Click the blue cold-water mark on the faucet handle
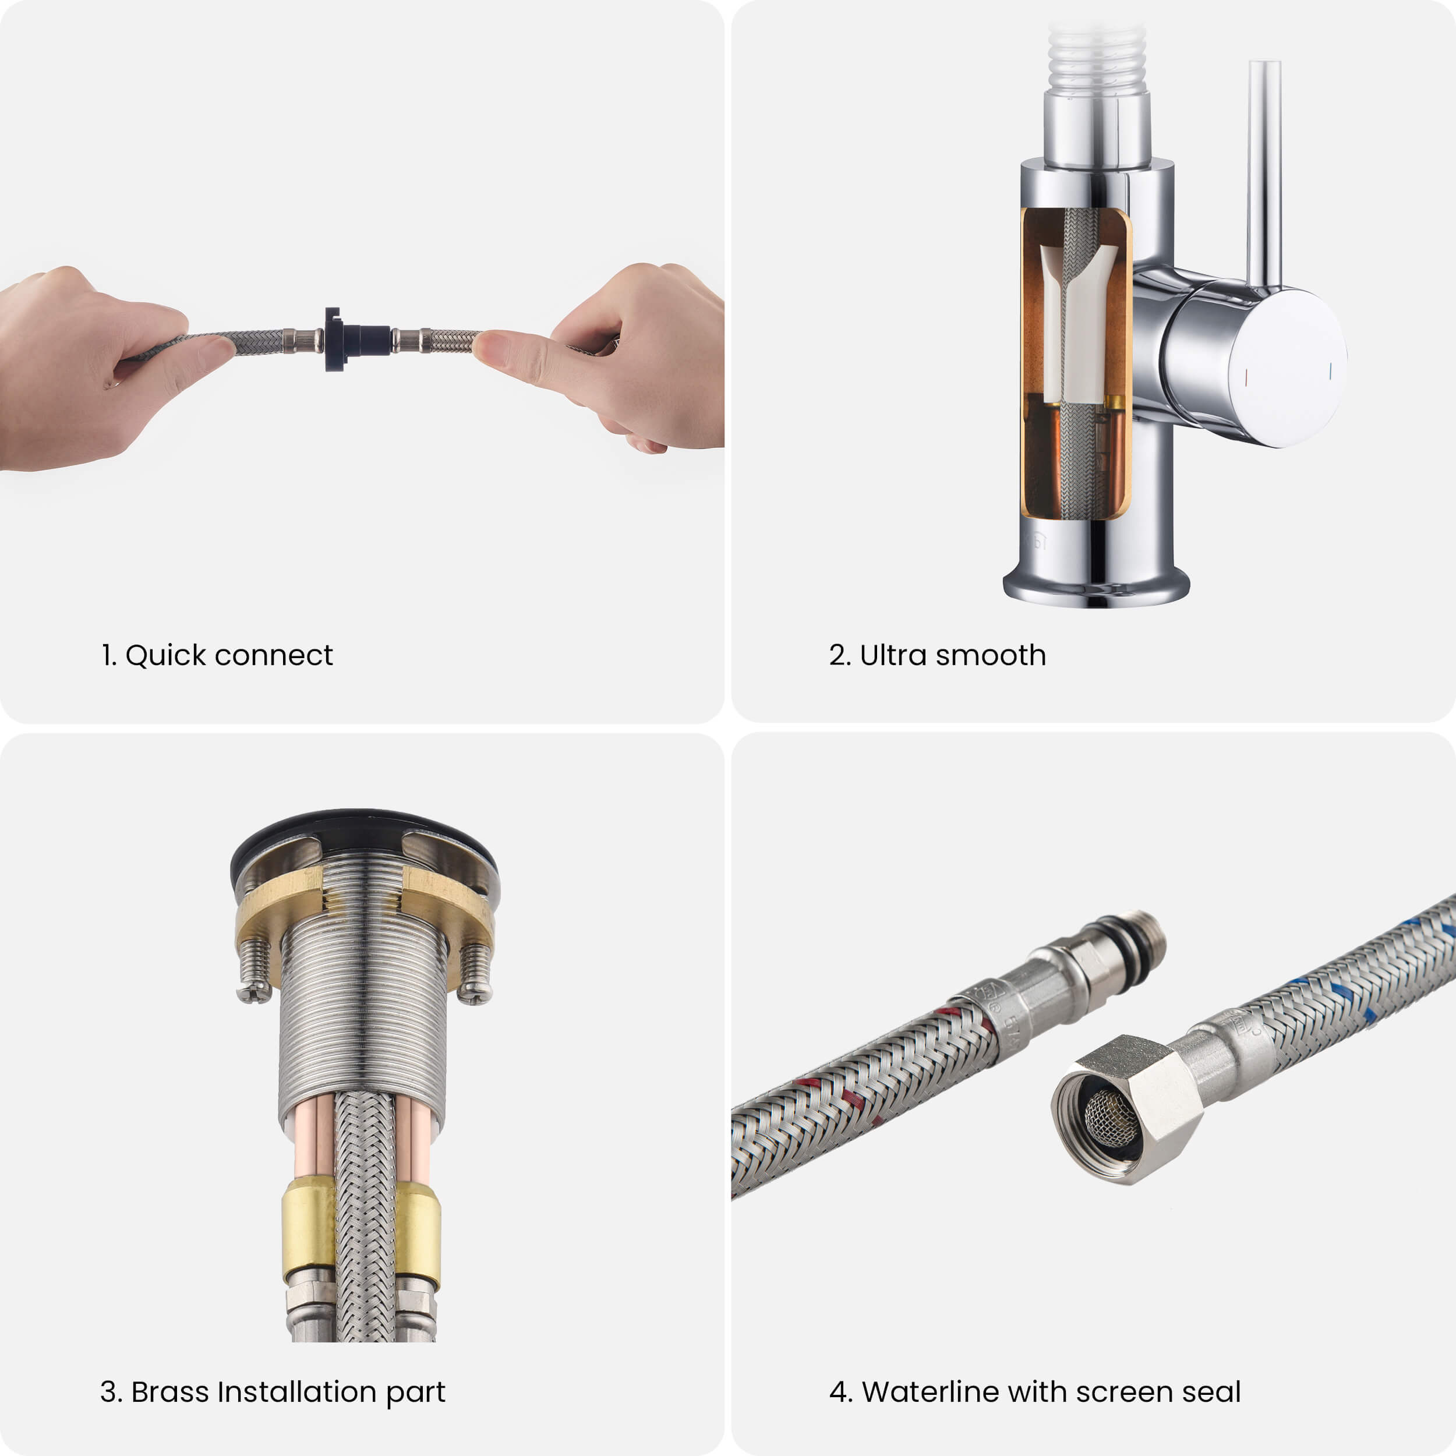(1331, 371)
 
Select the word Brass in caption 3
(170, 1391)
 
